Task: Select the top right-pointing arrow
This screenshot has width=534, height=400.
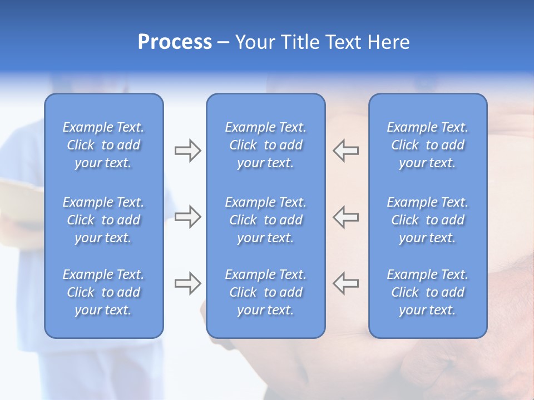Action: tap(187, 151)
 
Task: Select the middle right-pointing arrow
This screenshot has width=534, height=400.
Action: tap(187, 217)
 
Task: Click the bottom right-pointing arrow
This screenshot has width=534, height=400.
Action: tap(187, 283)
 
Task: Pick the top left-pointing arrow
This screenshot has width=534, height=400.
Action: tap(346, 151)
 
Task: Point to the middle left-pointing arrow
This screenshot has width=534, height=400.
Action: tap(346, 217)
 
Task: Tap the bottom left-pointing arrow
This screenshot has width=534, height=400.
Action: tap(346, 283)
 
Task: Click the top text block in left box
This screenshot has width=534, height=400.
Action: tap(103, 145)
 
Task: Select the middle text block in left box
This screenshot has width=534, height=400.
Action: tap(103, 220)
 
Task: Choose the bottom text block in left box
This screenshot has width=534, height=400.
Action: tap(103, 292)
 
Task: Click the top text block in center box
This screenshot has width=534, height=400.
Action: tap(266, 145)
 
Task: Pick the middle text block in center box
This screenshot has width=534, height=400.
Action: tap(266, 220)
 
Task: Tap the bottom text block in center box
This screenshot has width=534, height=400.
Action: tap(266, 292)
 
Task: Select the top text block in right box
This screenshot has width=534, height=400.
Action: tap(428, 145)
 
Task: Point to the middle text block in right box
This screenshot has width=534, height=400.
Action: tap(428, 220)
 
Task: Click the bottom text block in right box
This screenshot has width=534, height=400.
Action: tap(428, 292)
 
